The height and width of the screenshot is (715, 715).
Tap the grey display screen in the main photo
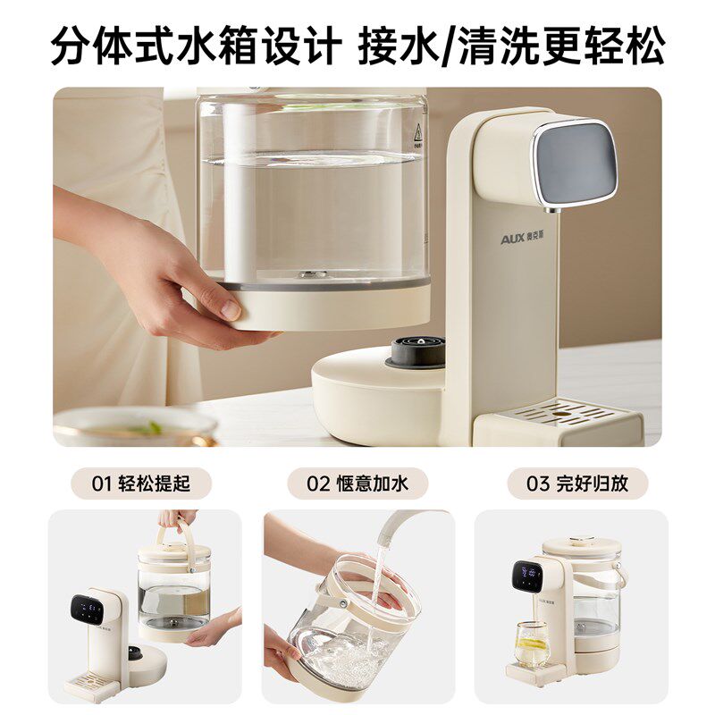[577, 163]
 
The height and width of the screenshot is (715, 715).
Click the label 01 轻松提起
[141, 484]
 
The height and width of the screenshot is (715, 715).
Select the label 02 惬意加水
[357, 484]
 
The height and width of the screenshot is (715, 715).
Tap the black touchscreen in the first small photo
[86, 610]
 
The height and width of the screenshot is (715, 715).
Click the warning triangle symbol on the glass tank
[416, 133]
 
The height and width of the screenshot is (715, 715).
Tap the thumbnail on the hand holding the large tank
[230, 309]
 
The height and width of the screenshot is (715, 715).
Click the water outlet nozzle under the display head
[544, 203]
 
